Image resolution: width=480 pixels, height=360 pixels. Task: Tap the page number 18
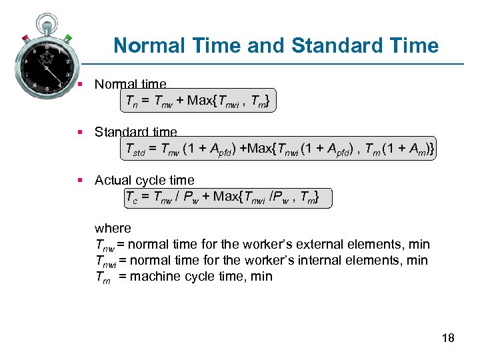(x=448, y=338)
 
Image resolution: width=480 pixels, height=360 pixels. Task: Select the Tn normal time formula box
(x=197, y=101)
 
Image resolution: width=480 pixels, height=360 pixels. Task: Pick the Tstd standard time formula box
(x=279, y=149)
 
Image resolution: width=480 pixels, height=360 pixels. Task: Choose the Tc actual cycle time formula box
(x=227, y=197)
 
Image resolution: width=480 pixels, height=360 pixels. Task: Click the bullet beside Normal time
(x=79, y=85)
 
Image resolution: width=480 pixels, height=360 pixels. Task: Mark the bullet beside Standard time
(x=79, y=133)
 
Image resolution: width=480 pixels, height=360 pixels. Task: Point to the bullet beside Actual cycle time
(x=79, y=181)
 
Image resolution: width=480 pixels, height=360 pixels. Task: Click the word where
(x=113, y=228)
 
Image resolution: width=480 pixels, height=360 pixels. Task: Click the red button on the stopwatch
(x=26, y=37)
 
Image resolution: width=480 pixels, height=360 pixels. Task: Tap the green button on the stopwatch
(x=67, y=38)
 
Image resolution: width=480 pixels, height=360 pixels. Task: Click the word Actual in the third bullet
(x=113, y=181)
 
